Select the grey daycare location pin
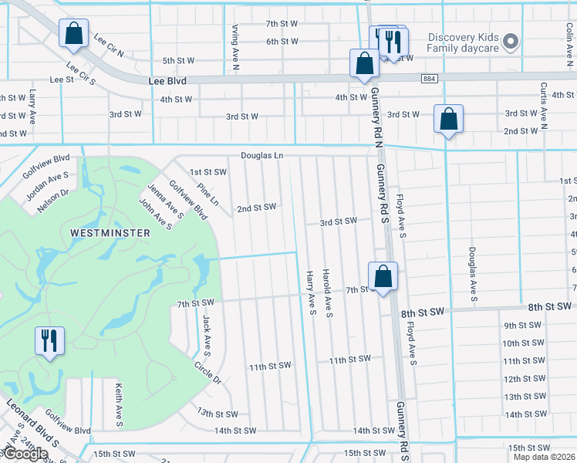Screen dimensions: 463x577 coord(509,42)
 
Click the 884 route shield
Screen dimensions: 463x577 coord(430,79)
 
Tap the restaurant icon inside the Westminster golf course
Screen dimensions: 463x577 coord(49,340)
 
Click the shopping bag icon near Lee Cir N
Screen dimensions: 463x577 coord(73,34)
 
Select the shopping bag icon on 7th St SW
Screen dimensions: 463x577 coord(383,276)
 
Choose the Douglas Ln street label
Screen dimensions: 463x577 coord(262,155)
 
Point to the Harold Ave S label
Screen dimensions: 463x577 coord(328,293)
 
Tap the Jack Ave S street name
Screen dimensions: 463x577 coord(206,330)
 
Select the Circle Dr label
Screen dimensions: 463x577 coord(208,374)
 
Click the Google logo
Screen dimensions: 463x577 coord(25,454)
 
